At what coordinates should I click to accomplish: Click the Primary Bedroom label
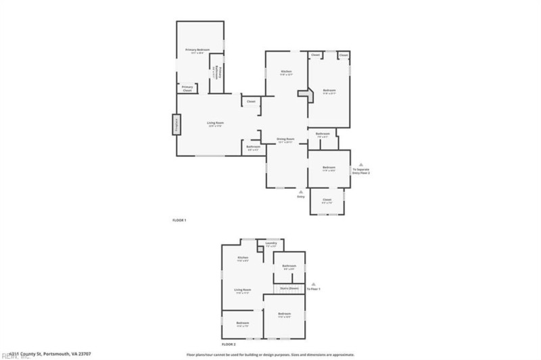198,50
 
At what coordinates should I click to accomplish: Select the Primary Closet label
187,89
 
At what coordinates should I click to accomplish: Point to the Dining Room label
285,139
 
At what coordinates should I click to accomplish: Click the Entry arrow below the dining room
301,192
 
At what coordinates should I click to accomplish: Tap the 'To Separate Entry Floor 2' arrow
360,164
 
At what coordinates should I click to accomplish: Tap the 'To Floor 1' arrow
314,284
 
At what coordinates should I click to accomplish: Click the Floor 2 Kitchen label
243,258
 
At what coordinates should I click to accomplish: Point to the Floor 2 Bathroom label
289,266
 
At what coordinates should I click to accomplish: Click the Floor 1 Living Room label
215,123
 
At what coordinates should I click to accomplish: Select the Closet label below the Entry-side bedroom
327,200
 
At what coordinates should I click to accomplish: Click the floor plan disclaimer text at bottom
270,354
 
